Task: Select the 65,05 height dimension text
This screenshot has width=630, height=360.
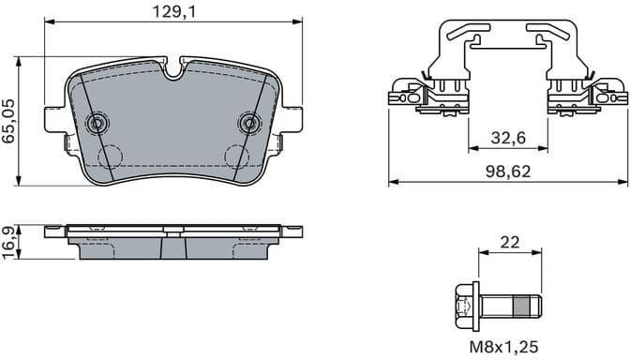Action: click(x=9, y=120)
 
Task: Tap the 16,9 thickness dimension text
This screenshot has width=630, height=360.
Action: click(x=9, y=241)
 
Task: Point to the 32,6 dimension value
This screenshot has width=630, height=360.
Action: click(x=507, y=138)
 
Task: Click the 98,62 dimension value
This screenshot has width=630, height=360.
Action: click(x=506, y=171)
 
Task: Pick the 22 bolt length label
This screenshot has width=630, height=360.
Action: click(x=510, y=242)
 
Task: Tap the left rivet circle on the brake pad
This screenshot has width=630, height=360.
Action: click(x=97, y=123)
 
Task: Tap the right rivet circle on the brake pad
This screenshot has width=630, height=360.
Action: click(x=249, y=123)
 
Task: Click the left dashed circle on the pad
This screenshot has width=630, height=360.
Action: click(x=112, y=158)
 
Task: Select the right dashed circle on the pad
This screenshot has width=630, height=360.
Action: click(x=234, y=158)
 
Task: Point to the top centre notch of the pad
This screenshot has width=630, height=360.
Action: click(x=173, y=67)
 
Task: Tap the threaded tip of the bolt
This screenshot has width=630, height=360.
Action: click(x=528, y=306)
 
